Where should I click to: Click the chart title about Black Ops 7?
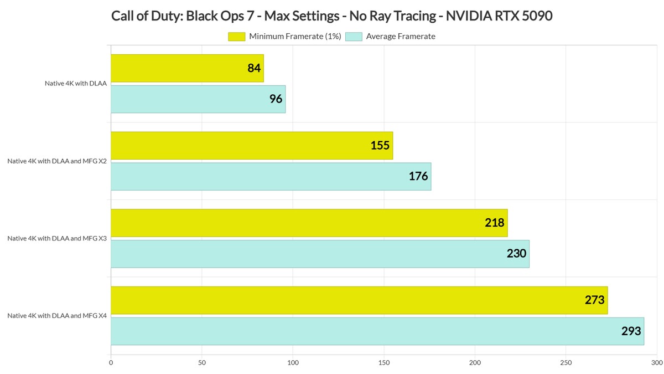(332, 16)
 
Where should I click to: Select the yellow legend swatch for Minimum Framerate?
(236, 37)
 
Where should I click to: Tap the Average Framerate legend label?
(401, 37)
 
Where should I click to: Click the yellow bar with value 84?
(187, 68)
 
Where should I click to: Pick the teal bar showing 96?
(198, 99)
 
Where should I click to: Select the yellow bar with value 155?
(252, 146)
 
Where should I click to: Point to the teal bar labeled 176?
(271, 176)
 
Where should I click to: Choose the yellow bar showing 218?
(309, 223)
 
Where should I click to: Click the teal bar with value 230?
(320, 254)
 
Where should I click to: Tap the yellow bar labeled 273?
(359, 300)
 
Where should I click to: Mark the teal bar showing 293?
(377, 331)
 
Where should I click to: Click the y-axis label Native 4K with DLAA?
(76, 84)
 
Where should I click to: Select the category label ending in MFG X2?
(57, 161)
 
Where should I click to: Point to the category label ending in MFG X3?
(57, 238)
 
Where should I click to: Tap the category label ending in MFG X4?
(57, 316)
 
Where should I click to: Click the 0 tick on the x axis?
(111, 363)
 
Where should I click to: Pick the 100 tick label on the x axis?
(293, 363)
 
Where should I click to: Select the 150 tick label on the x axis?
(384, 363)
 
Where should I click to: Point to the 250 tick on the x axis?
(566, 363)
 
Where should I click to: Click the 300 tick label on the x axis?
(656, 363)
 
